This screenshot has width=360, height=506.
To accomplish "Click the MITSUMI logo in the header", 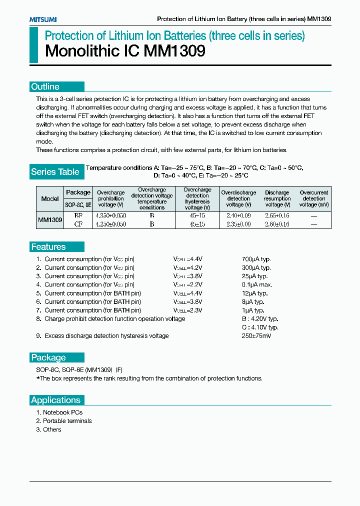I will pyautogui.click(x=43, y=19).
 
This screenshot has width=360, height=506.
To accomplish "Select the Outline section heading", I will pyautogui.click(x=45, y=86).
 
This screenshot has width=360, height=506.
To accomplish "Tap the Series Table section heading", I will pyautogui.click(x=55, y=172).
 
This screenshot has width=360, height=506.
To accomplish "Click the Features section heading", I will pyautogui.click(x=48, y=247).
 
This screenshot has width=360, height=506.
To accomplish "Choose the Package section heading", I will pyautogui.click(x=48, y=357).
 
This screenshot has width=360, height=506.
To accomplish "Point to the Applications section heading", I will pyautogui.click(x=55, y=400).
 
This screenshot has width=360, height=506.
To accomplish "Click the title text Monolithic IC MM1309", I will pyautogui.click(x=125, y=51).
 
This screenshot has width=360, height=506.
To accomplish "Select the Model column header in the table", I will pyautogui.click(x=50, y=198).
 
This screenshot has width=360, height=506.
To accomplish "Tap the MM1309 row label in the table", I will pyautogui.click(x=50, y=219).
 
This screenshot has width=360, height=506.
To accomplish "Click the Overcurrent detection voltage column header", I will pyautogui.click(x=314, y=198).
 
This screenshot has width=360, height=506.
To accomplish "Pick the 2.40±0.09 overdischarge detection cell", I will pyautogui.click(x=238, y=215).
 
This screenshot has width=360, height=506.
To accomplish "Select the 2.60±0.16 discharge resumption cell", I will pyautogui.click(x=277, y=224).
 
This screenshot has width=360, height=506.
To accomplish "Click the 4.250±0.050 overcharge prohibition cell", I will pyautogui.click(x=110, y=224).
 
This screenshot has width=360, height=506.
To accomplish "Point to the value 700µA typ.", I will pyautogui.click(x=256, y=259).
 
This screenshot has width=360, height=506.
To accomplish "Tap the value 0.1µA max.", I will pyautogui.click(x=256, y=284).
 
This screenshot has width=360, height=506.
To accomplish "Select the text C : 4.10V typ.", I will pyautogui.click(x=259, y=327).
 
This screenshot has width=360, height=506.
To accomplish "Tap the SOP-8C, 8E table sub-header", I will pyautogui.click(x=78, y=204).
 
